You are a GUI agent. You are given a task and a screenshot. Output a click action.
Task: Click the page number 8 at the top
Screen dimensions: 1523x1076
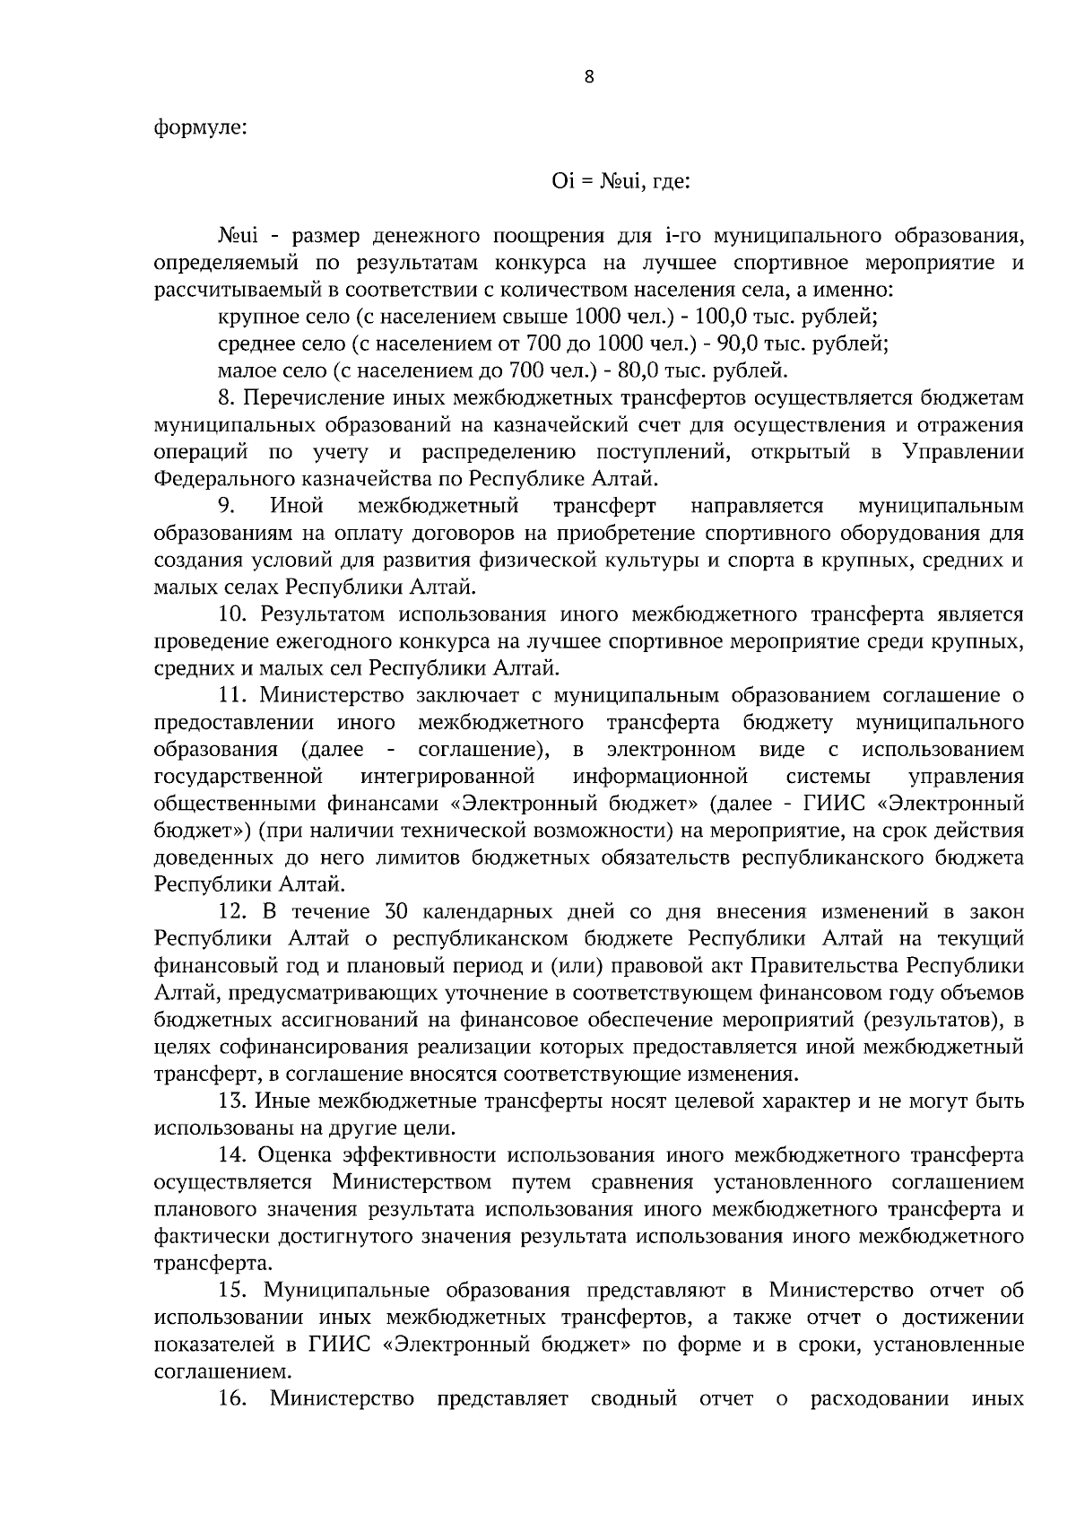click(588, 77)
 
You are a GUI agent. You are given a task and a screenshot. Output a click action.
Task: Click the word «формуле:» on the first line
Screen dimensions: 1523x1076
click(200, 126)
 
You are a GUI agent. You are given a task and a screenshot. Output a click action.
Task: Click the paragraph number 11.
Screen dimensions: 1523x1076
click(234, 695)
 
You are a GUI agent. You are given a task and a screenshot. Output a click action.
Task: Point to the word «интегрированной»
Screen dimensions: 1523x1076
click(448, 776)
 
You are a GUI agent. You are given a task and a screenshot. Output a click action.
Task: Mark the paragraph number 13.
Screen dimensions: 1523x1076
click(234, 1101)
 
